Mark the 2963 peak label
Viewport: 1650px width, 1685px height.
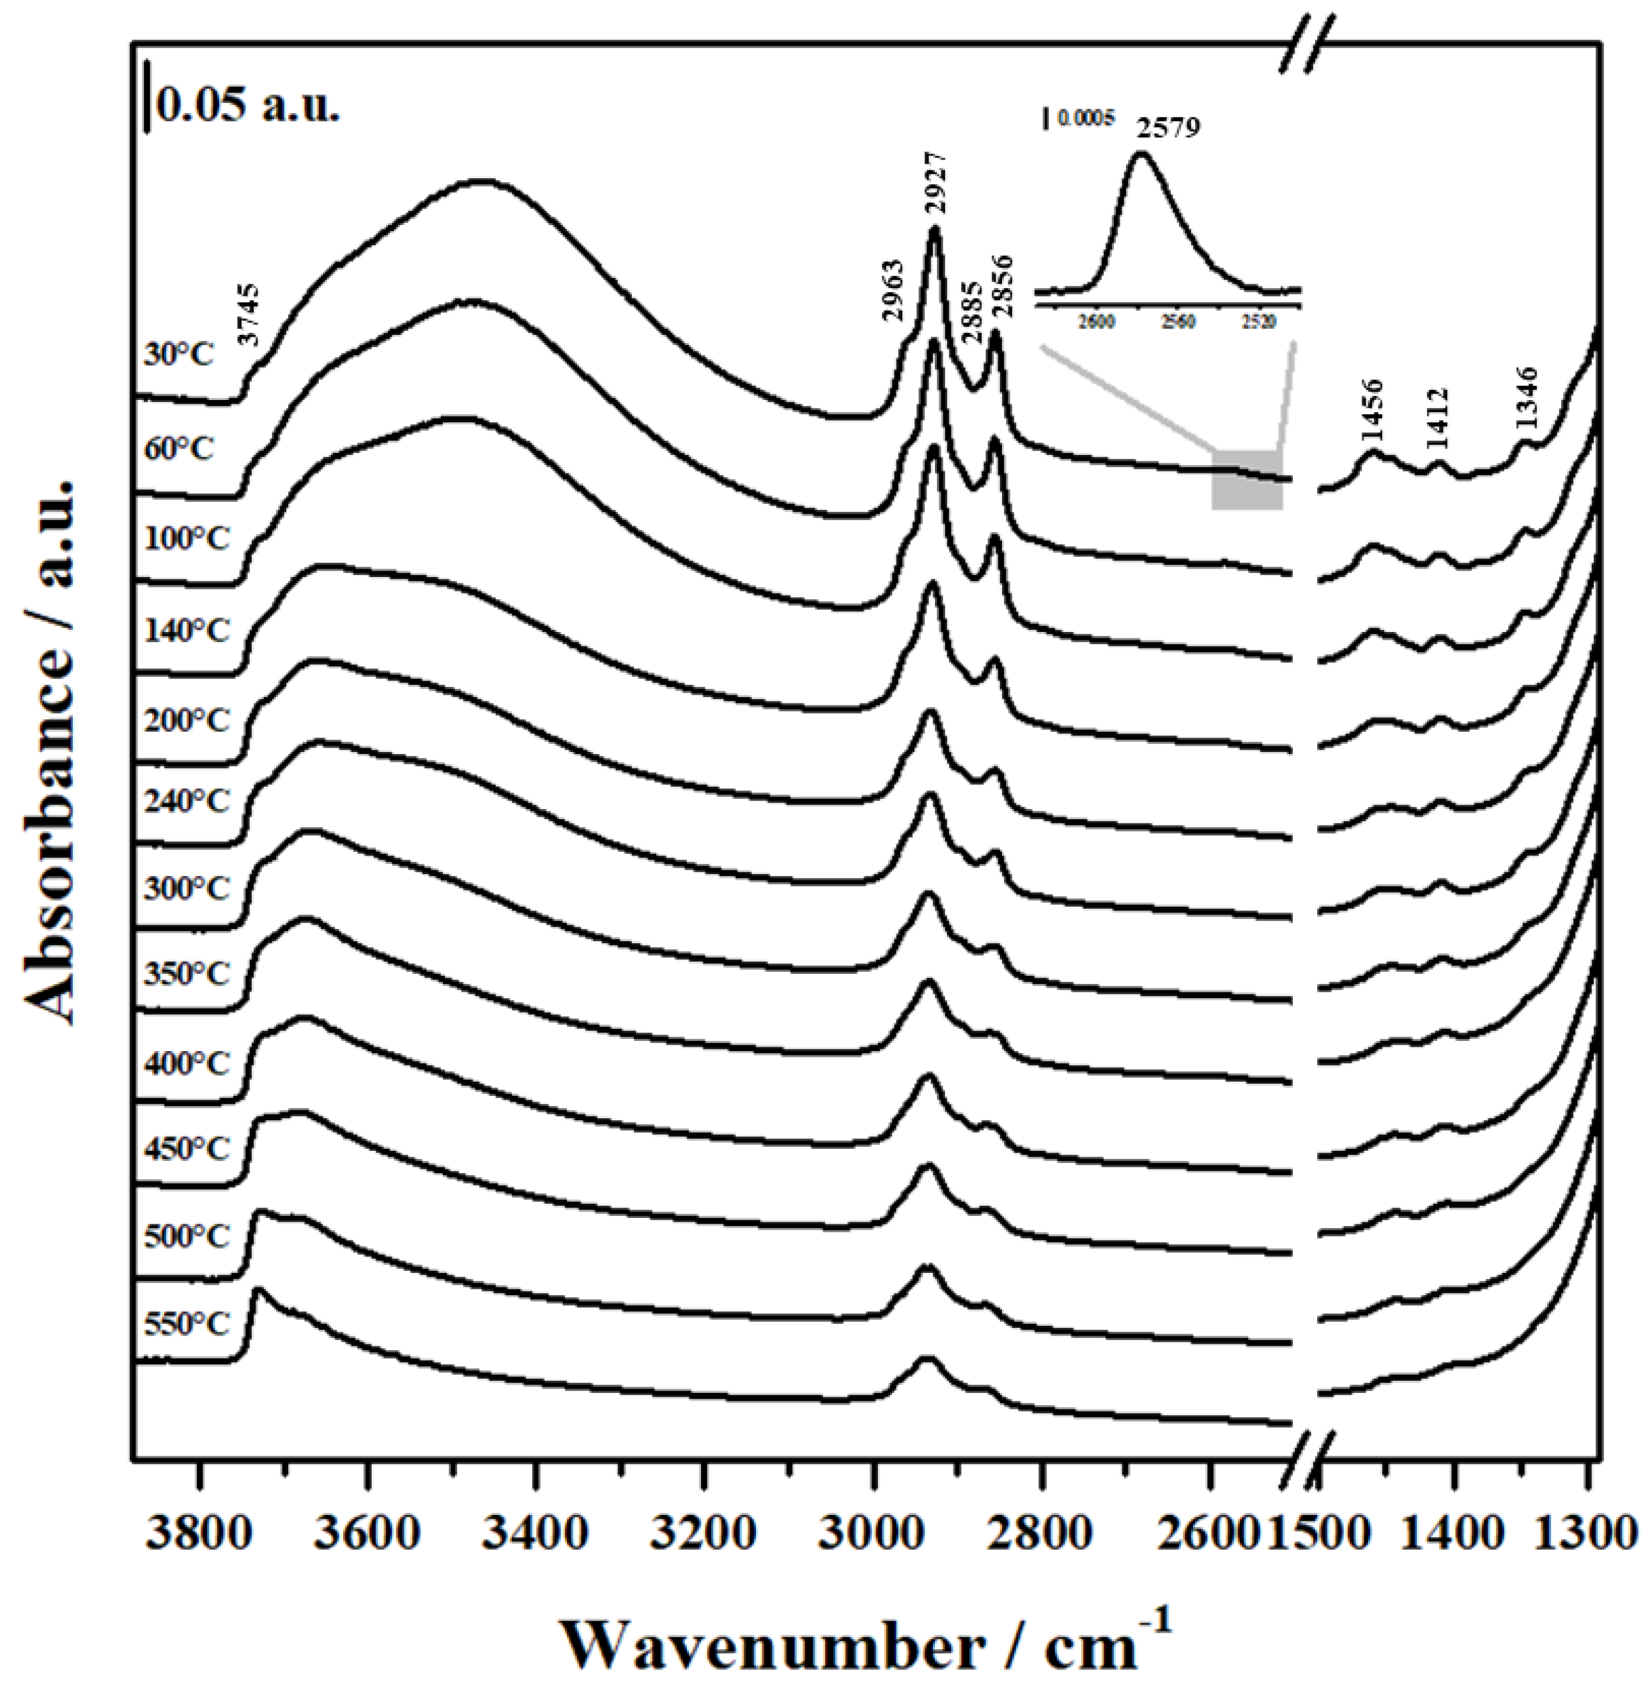893,291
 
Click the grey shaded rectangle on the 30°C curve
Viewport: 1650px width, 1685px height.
1246,480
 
